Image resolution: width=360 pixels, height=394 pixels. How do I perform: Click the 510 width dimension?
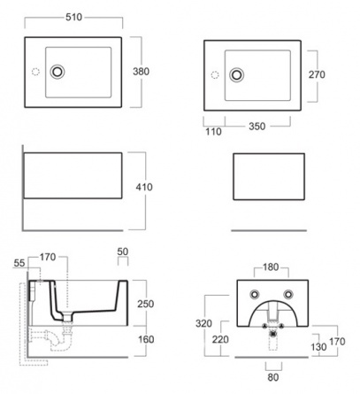click(73, 17)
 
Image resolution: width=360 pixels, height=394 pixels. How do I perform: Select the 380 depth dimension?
click(141, 72)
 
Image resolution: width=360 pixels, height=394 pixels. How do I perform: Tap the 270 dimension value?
click(317, 74)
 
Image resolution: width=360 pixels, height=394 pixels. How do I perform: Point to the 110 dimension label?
click(213, 131)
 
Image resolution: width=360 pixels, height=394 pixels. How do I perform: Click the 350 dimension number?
click(257, 127)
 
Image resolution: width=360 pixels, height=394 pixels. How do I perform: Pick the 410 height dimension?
click(144, 187)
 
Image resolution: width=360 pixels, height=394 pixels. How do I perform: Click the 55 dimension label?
click(19, 263)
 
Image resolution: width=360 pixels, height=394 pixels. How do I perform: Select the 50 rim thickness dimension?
click(123, 251)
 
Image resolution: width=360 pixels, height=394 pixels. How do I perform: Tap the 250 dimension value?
click(146, 304)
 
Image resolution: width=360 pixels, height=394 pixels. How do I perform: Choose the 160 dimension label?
click(146, 339)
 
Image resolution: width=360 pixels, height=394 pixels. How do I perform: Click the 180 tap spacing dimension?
click(271, 267)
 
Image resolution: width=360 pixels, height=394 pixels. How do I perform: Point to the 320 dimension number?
click(203, 323)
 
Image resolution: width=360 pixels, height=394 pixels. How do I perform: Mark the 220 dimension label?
click(220, 339)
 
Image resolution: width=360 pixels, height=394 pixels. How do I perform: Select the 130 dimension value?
click(318, 347)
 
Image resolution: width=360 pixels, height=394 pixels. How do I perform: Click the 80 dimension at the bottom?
click(273, 377)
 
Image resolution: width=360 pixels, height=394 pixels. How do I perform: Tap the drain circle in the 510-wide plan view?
click(57, 72)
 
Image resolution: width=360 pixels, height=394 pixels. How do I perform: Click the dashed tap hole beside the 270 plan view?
click(215, 75)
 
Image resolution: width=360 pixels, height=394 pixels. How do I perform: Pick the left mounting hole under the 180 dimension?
click(255, 294)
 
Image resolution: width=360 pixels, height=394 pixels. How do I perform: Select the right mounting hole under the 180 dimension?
click(288, 294)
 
